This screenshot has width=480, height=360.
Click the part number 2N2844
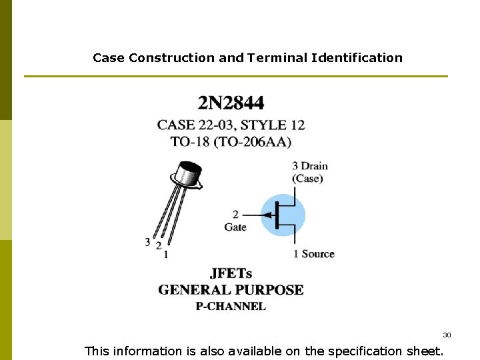[x=231, y=103]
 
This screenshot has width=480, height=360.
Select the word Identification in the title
[x=357, y=58]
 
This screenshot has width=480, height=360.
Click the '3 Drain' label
[x=310, y=165]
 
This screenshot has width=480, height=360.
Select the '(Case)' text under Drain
[x=307, y=179]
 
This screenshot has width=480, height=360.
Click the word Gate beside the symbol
[x=235, y=227]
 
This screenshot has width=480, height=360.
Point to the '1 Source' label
[x=313, y=254]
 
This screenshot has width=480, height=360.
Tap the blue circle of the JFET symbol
[x=282, y=215]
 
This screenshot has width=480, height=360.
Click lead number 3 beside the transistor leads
[x=147, y=241]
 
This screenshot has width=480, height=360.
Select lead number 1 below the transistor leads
[x=165, y=254]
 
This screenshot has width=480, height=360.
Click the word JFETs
[x=231, y=273]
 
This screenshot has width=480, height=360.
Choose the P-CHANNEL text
[x=231, y=307]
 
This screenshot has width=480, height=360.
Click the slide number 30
[x=447, y=335]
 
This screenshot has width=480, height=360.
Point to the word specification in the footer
[x=353, y=351]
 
